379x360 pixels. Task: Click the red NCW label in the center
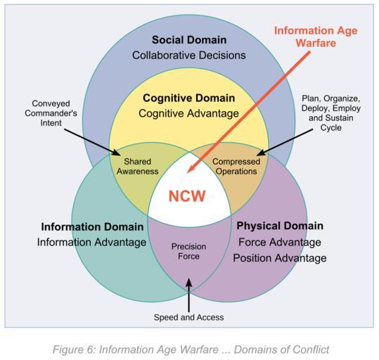pos(187,196)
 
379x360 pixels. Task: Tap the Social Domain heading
pos(189,40)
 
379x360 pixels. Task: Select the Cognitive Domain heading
pos(188,98)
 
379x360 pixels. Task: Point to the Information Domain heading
pos(92,227)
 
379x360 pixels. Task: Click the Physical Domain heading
pos(280,226)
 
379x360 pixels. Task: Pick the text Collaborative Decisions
pos(189,56)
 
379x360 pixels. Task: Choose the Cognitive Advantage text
pos(188,113)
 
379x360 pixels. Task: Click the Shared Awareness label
pos(138,167)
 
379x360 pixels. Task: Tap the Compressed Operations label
pos(236,167)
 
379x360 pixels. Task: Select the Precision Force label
pos(188,252)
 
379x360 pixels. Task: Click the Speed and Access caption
pos(188,317)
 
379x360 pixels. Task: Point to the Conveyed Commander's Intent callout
pos(51,113)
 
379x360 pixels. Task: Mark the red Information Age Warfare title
pos(316,37)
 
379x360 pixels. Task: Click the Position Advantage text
pos(280,258)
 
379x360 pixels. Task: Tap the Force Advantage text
pos(280,242)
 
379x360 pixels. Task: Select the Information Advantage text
pos(91,243)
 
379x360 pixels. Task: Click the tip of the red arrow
pos(187,173)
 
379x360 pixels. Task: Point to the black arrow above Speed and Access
pos(188,295)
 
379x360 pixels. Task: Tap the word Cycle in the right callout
pos(331,128)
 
